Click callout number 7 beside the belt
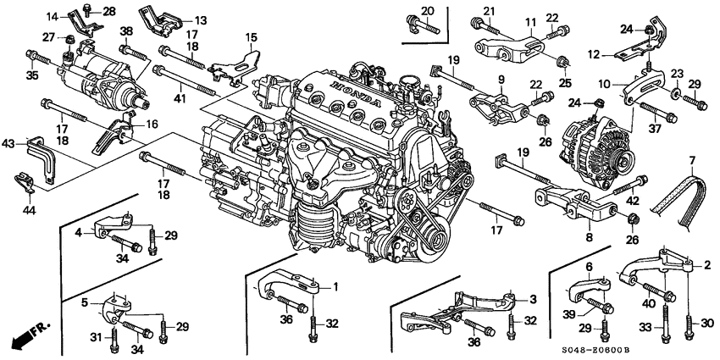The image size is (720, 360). [692, 160]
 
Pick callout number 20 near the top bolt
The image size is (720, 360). [428, 11]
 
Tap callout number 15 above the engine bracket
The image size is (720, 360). [251, 37]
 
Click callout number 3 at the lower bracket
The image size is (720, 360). [534, 299]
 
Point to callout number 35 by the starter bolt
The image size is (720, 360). [34, 75]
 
